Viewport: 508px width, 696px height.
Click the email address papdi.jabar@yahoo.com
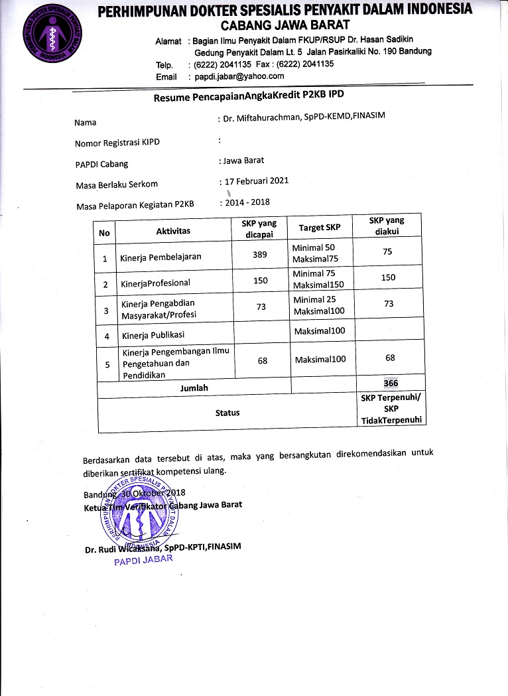coord(239,76)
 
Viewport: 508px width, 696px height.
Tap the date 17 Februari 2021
coord(256,180)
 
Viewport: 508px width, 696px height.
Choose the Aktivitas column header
coord(173,231)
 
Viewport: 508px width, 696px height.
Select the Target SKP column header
coord(320,228)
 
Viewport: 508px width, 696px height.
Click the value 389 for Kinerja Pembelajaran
coord(260,255)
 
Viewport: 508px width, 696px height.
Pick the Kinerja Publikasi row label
coord(152,334)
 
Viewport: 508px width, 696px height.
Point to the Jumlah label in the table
coord(194,387)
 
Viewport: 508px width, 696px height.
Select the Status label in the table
coord(227,412)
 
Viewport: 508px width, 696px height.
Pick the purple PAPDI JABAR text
coord(143,559)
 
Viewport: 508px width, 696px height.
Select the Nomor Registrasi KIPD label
coord(117,143)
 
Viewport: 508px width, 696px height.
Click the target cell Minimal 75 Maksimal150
coord(320,279)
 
